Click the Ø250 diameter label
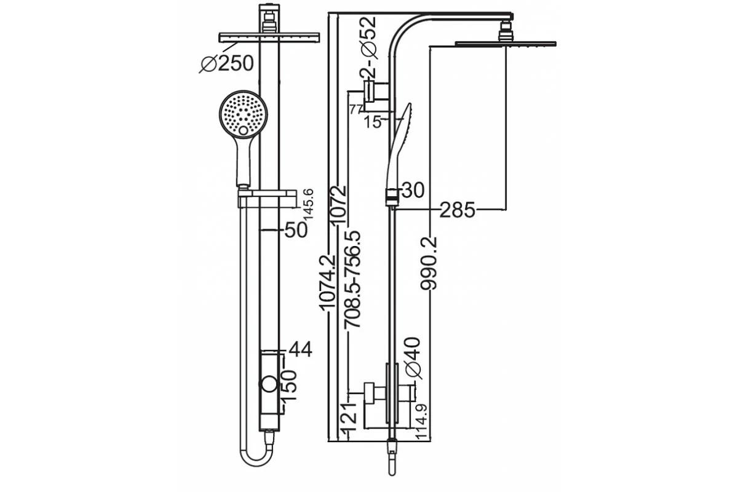point(227,63)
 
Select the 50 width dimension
point(296,230)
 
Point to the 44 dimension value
point(300,350)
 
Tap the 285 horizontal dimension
point(457,210)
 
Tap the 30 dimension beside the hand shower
point(414,191)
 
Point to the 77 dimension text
point(355,110)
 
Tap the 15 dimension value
point(373,121)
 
